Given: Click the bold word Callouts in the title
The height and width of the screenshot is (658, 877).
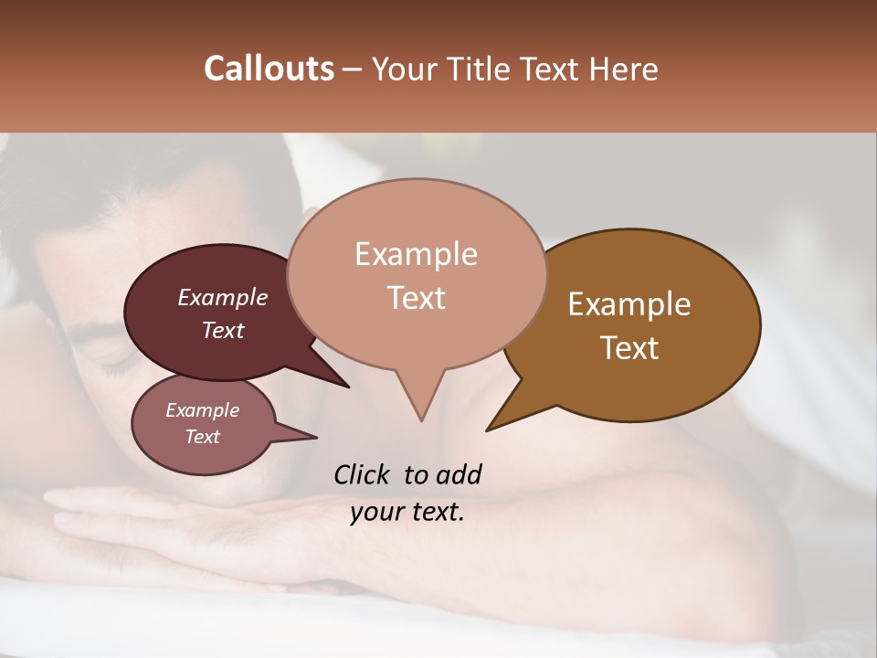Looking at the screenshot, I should tap(269, 69).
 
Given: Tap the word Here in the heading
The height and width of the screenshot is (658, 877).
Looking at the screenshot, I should tap(624, 69).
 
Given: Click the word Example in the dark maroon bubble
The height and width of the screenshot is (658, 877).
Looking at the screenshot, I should tap(222, 297).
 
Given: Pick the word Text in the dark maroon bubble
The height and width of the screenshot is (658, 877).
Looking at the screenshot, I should tap(222, 330).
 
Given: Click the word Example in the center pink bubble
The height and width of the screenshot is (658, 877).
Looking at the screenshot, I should tap(416, 254).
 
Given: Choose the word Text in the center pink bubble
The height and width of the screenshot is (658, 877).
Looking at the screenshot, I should tap(416, 297).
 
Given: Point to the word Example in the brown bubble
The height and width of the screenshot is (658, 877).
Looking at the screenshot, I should tap(629, 304).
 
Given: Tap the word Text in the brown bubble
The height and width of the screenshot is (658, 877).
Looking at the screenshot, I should tap(629, 347).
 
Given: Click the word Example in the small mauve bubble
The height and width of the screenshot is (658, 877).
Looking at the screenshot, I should tap(202, 410).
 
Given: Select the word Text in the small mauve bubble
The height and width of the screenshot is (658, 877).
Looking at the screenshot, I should tap(202, 437).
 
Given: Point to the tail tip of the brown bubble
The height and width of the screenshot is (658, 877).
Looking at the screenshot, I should tap(488, 430).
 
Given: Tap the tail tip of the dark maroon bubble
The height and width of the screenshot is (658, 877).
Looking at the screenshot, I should tap(348, 387).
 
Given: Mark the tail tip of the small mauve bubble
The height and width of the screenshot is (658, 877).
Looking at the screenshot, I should tap(316, 437).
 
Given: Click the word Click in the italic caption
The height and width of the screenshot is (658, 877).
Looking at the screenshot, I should tap(363, 474).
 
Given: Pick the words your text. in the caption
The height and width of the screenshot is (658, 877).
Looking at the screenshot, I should tap(407, 512).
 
